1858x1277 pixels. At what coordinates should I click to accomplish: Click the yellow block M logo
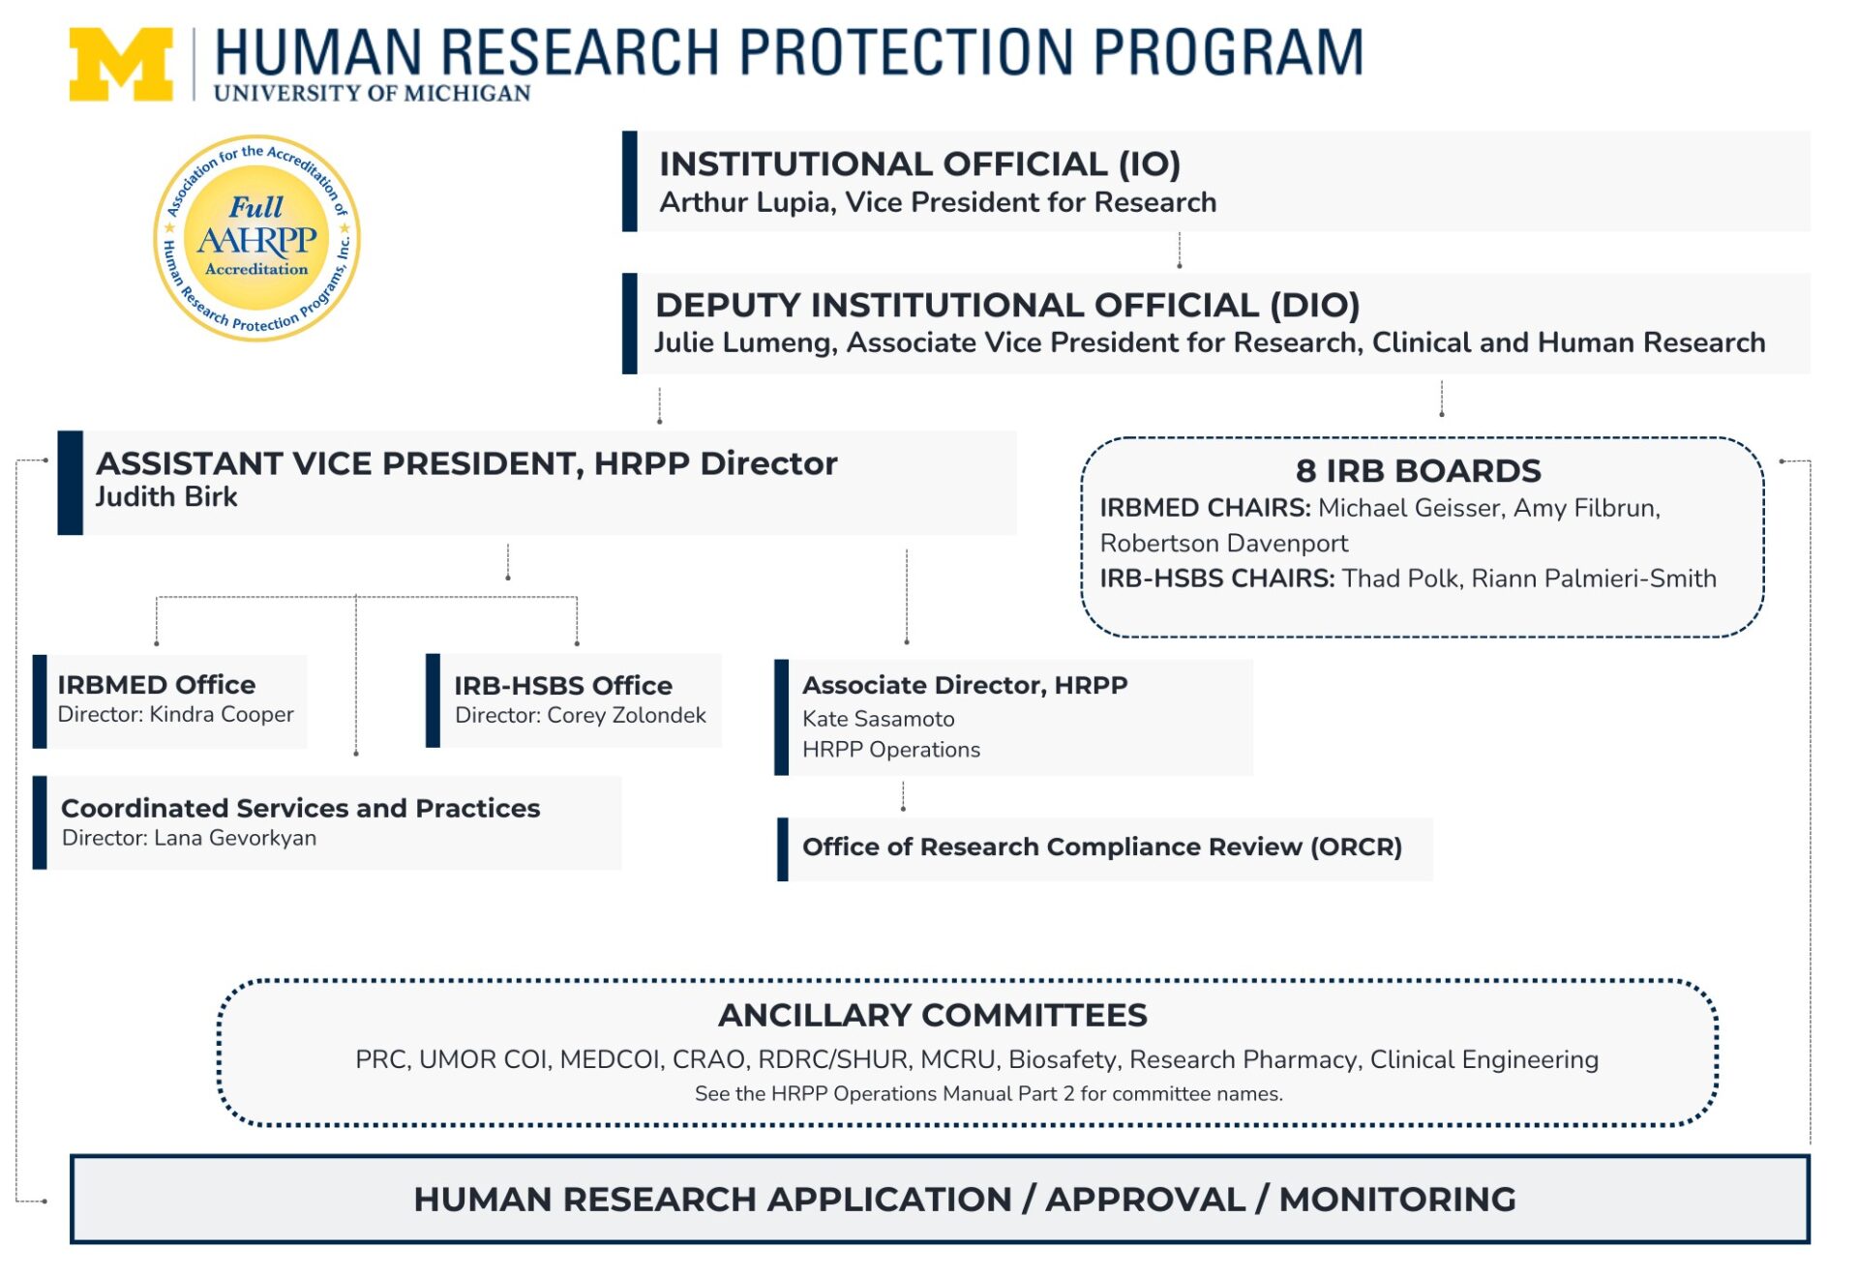tap(121, 64)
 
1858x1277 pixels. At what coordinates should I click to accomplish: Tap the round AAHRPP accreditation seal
tap(256, 238)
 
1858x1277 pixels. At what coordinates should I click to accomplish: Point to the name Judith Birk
tap(165, 497)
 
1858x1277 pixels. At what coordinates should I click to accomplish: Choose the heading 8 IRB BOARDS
tap(1418, 471)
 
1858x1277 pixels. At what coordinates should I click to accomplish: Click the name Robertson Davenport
tap(1223, 544)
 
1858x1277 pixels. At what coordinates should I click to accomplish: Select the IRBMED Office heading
tap(156, 685)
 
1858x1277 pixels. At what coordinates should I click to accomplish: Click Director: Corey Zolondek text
tap(580, 716)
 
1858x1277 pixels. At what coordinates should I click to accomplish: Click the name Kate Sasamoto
tap(878, 719)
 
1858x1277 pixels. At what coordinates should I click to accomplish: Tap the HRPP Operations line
tap(890, 750)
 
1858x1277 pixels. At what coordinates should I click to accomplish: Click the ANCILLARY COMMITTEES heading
tap(932, 1016)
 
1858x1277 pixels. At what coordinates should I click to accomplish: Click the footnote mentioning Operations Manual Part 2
tap(987, 1094)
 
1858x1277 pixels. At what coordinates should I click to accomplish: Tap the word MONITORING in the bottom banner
tap(1396, 1200)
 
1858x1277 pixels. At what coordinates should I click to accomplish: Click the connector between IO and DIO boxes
tap(1179, 252)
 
